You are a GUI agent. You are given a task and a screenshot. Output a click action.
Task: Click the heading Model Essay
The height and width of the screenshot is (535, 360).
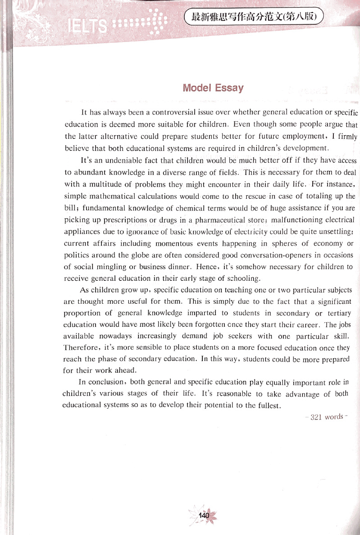point(213,87)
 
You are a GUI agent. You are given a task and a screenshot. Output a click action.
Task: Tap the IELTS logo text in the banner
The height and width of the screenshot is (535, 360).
point(87,27)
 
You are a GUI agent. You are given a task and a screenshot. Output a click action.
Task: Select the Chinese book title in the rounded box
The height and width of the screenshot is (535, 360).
point(255,18)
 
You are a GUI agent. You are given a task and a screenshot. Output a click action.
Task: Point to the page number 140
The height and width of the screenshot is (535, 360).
point(205,515)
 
